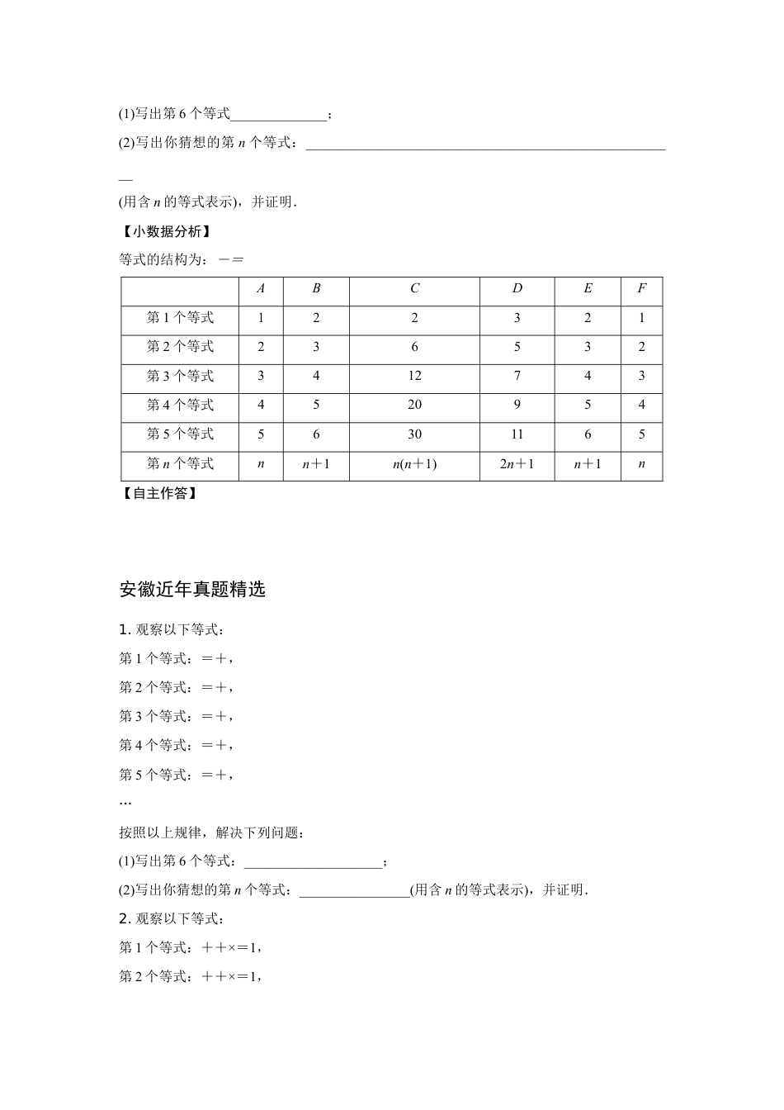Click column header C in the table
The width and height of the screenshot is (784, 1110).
coord(414,288)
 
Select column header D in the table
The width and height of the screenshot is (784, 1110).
coord(517,288)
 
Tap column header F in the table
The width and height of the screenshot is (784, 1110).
coord(641,288)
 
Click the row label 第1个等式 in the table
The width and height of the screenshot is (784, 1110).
coord(180,318)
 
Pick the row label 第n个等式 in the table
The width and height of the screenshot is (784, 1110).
coord(180,463)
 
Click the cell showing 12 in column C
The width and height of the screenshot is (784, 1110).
coord(414,376)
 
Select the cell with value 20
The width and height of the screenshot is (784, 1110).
coord(414,405)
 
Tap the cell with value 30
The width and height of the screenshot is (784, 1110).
coord(414,434)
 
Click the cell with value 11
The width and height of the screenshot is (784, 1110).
coord(517,434)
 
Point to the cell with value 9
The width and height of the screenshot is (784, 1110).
coord(517,405)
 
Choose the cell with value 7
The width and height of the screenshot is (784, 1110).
coord(517,376)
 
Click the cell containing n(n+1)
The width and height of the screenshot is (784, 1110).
coord(414,463)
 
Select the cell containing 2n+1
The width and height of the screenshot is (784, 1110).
coord(517,463)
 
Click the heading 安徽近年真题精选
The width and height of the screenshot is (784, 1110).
coord(192,590)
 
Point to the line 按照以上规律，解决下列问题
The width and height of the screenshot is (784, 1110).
coord(211,832)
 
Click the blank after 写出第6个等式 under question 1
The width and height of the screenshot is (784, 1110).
coord(314,862)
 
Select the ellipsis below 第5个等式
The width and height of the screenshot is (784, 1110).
coord(125,803)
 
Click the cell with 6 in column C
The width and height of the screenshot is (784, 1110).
coord(414,347)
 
